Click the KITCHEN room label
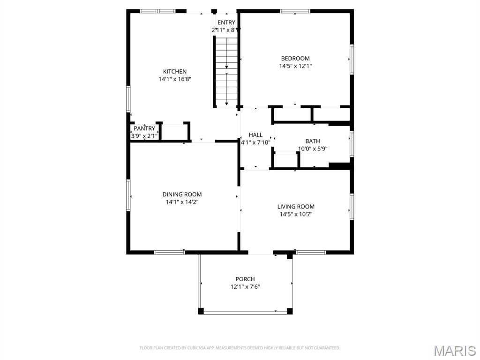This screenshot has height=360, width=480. (x=174, y=72)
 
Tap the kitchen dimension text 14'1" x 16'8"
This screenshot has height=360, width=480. (x=174, y=79)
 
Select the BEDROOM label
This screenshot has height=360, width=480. (x=295, y=59)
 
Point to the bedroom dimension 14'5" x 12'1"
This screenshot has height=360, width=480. (x=295, y=66)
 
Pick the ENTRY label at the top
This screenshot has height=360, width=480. (x=226, y=22)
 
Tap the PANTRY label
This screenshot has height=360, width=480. (x=144, y=128)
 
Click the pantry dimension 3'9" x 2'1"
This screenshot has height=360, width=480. (x=144, y=136)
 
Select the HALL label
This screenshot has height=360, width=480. (x=255, y=135)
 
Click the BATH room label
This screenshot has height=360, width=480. (x=313, y=141)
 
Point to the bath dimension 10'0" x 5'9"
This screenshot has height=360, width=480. (x=313, y=149)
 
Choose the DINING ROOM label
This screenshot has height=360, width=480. (x=182, y=195)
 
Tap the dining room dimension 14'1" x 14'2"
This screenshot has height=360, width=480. (x=182, y=202)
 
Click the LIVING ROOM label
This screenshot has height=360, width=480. (x=296, y=207)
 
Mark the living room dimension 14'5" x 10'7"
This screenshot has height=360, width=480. (x=296, y=214)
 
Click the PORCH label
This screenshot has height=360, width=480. (x=245, y=279)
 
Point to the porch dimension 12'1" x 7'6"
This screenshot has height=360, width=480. (x=245, y=286)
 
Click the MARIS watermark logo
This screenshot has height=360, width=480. (x=454, y=351)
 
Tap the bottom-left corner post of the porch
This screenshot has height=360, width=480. (x=201, y=311)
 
